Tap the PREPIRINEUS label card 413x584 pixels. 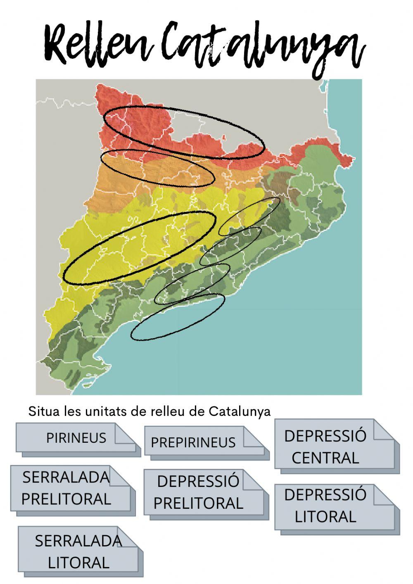point(193,443)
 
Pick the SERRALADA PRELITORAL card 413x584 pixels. point(66,488)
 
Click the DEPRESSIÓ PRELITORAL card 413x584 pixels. point(198,492)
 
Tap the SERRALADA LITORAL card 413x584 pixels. point(78,551)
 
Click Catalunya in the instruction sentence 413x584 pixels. point(240,411)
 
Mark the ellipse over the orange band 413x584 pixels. point(157,169)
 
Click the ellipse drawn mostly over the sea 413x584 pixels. point(178,318)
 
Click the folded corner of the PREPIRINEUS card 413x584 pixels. point(253,437)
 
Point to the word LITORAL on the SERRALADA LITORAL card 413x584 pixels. point(78,563)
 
